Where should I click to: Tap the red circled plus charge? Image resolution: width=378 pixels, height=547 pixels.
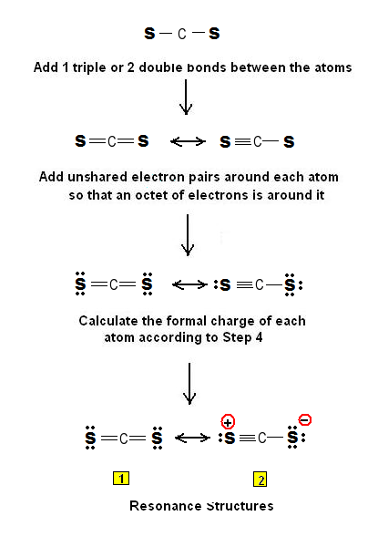[228, 420]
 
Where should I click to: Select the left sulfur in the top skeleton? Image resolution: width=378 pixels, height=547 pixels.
[149, 35]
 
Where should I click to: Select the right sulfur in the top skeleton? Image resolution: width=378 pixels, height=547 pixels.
[214, 35]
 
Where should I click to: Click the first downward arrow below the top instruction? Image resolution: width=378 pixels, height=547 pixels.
[186, 97]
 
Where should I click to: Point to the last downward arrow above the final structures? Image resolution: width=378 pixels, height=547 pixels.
[189, 383]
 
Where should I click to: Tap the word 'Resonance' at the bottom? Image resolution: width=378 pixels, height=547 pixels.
[164, 505]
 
